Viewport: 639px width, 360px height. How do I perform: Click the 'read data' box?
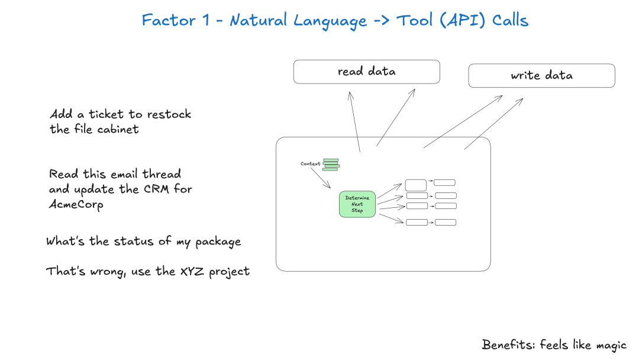366,72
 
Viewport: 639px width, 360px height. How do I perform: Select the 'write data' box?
541,76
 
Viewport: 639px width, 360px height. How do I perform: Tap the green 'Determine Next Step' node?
357,204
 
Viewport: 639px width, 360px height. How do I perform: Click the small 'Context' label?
310,164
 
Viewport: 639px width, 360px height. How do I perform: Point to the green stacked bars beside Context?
331,164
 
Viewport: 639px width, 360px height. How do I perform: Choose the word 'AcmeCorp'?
76,204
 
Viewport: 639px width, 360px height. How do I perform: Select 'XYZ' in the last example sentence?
192,272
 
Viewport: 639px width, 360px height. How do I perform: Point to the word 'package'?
218,242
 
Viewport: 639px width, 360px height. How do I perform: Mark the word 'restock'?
169,114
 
